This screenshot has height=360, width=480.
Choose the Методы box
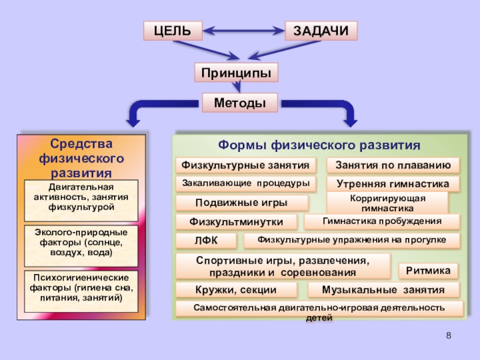240,103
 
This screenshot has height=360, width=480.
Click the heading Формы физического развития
319,146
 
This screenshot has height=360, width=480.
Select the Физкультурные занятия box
246,164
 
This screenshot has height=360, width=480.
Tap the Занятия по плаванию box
393,165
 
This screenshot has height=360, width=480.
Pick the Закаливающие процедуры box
246,182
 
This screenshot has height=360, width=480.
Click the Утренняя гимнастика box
393,184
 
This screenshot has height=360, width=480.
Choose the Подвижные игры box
242,202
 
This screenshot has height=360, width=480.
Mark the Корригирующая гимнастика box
387,203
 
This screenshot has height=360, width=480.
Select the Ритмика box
428,271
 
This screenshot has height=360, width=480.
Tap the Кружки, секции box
236,290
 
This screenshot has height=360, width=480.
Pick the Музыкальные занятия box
383,290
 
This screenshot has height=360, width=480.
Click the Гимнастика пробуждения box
382,222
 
